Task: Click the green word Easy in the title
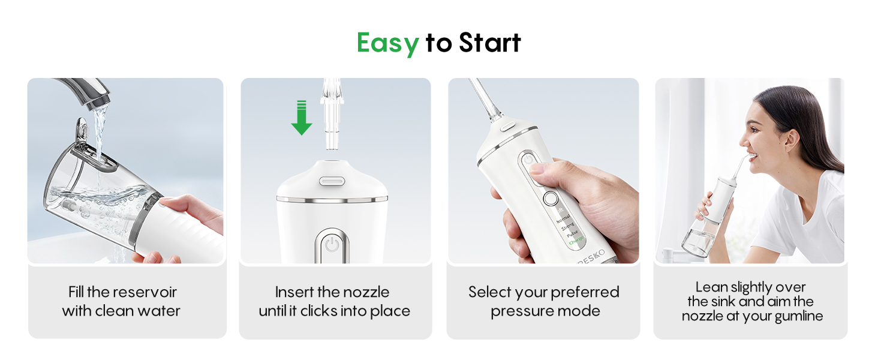pyautogui.click(x=387, y=43)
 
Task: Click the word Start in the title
pyautogui.click(x=490, y=43)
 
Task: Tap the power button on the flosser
pyautogui.click(x=331, y=245)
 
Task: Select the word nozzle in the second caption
pyautogui.click(x=366, y=292)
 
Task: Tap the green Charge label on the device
pyautogui.click(x=576, y=241)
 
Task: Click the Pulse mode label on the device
pyautogui.click(x=572, y=233)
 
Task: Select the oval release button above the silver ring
pyautogui.click(x=330, y=179)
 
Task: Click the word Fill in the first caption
pyautogui.click(x=76, y=292)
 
